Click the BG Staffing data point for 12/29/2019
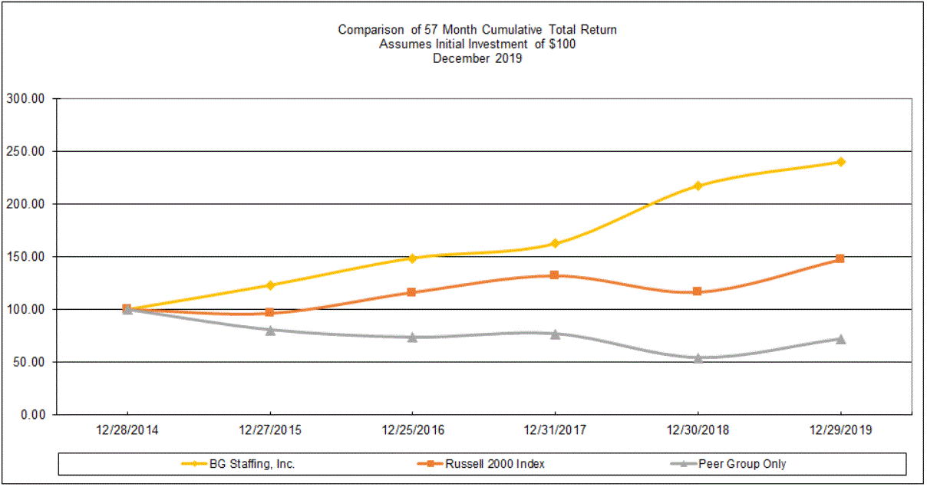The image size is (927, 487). point(840,162)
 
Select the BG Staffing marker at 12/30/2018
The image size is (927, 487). point(698,186)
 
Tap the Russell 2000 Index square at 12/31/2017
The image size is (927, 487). point(555,275)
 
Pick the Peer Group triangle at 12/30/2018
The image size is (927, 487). point(698,358)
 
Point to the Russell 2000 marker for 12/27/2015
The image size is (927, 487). point(270,312)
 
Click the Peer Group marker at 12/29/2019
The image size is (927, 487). point(840,339)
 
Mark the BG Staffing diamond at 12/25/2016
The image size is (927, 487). point(412,258)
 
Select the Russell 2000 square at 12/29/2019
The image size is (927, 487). point(840,258)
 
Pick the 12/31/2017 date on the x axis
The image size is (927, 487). point(555,430)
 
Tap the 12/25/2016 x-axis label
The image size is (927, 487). point(412,430)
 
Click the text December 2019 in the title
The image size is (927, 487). point(477,58)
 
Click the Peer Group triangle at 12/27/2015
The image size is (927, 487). point(270,330)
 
